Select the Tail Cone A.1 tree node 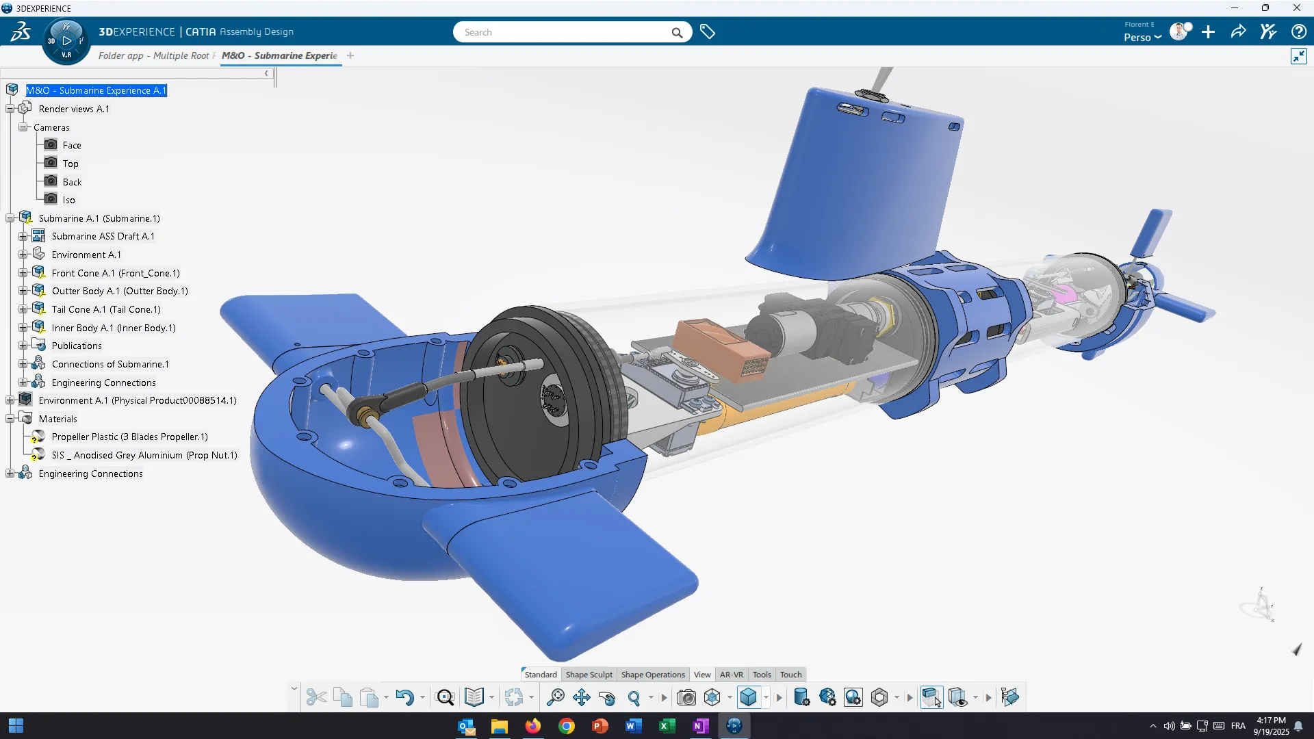point(105,309)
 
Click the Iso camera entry point(68,200)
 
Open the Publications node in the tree point(76,346)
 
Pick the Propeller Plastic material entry point(129,437)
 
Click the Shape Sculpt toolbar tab point(589,675)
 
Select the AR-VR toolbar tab point(731,675)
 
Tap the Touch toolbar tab point(790,675)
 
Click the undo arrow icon point(404,697)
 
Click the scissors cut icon point(315,697)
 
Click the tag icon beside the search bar point(708,32)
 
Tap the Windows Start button point(16,725)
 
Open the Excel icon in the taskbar point(667,726)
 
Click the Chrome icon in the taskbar point(567,726)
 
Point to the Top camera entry point(70,164)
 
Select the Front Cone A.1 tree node point(115,273)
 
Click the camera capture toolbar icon point(686,697)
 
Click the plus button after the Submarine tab point(350,55)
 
